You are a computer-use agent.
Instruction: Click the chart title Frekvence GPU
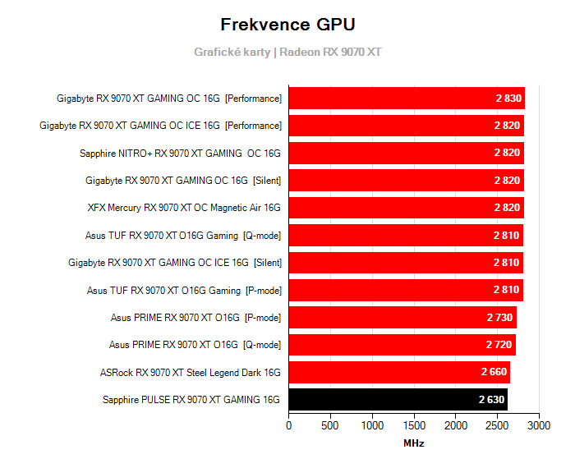pos(287,24)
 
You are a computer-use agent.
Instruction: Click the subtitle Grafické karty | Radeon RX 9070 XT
pos(287,52)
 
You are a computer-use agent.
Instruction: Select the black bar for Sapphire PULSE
pos(398,400)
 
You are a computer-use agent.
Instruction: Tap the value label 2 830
pos(508,99)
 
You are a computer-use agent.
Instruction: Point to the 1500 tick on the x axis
pos(414,426)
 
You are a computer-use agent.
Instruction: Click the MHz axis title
pos(413,443)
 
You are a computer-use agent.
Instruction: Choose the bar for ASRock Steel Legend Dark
pos(399,373)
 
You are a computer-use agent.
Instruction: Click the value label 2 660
pos(494,373)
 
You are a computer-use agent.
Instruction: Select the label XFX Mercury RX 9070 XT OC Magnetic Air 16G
pos(184,208)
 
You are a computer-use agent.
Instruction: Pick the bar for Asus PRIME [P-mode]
pos(402,318)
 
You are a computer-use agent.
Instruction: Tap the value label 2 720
pos(499,345)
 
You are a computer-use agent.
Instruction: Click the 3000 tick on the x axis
pos(539,426)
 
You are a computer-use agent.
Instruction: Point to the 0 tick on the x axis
pos(288,426)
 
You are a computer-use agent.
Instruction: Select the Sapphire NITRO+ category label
pos(180,153)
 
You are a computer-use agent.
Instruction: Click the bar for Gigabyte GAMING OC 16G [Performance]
pos(406,99)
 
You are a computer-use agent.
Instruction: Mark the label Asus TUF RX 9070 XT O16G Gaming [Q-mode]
pos(183,236)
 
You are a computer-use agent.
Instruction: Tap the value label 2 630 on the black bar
pos(492,400)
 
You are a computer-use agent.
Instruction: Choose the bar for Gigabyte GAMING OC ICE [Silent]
pos(405,263)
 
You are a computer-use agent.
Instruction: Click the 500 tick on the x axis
pos(330,426)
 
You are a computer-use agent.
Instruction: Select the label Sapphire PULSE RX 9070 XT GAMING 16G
pos(191,400)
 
